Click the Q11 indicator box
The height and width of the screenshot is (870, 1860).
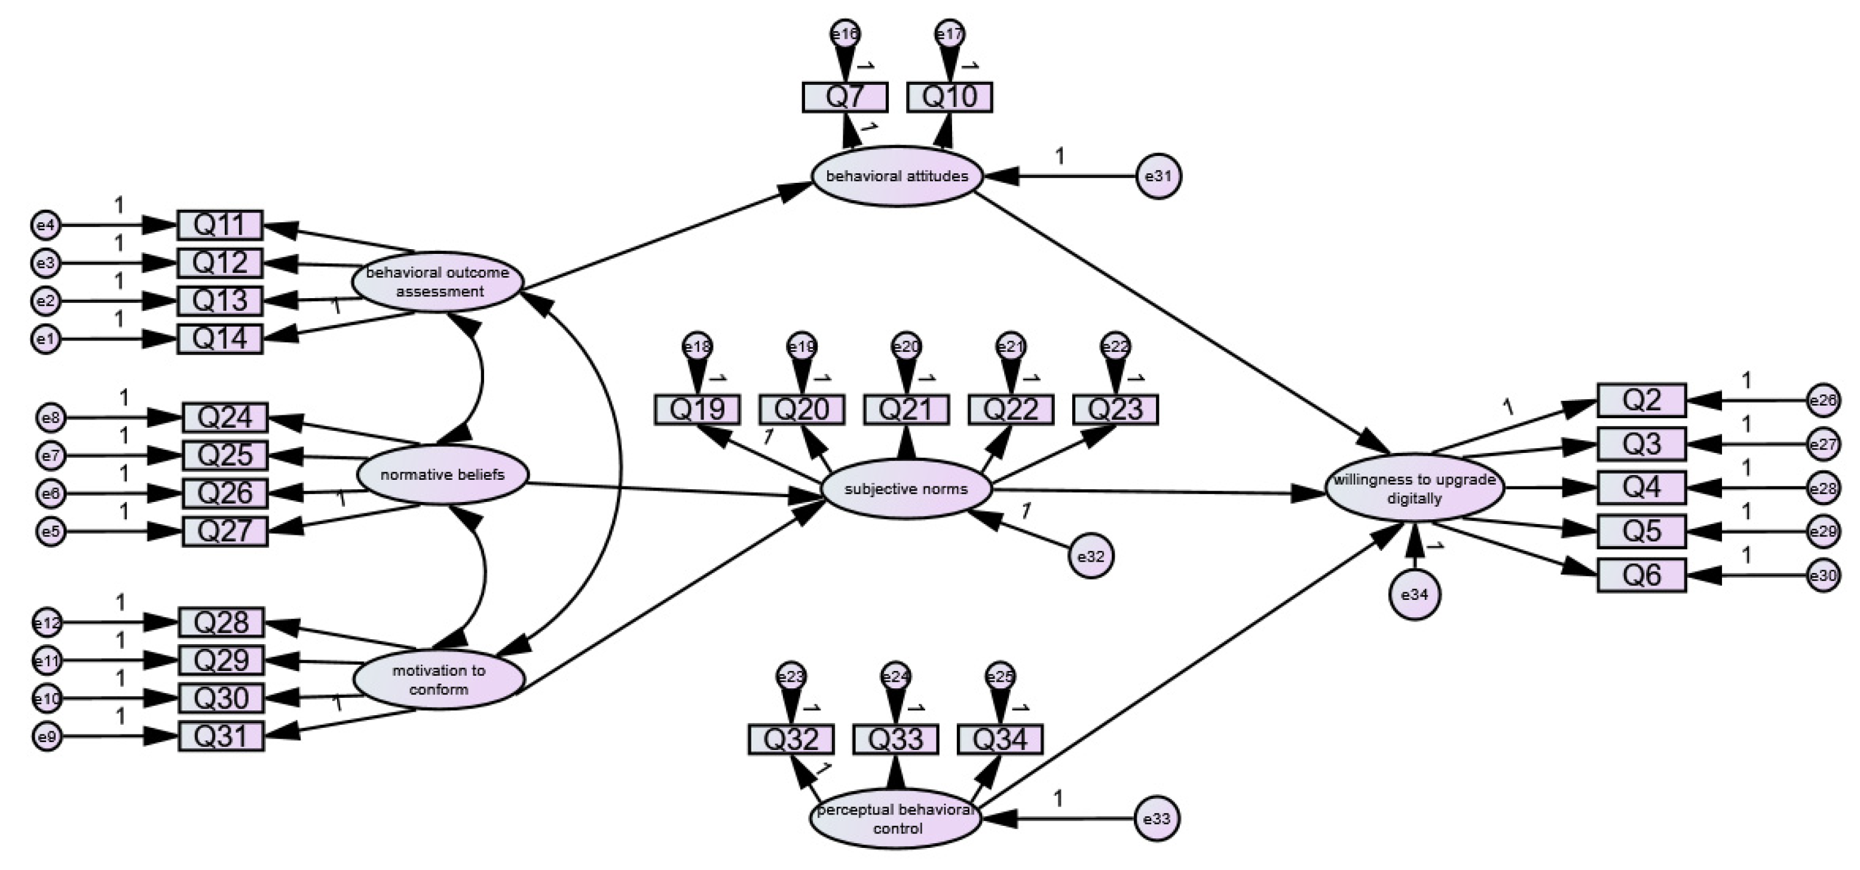click(220, 225)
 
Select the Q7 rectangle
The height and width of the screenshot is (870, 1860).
click(845, 97)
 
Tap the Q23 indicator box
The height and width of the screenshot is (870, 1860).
click(1115, 409)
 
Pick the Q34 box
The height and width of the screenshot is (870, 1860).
click(1000, 739)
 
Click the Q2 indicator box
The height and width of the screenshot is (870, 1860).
click(1641, 400)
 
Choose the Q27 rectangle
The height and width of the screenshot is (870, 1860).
click(225, 531)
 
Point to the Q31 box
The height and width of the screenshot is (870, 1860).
click(221, 736)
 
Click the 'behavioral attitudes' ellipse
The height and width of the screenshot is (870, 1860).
click(897, 176)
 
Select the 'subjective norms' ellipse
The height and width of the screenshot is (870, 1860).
click(906, 489)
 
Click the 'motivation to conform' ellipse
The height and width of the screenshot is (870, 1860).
click(438, 679)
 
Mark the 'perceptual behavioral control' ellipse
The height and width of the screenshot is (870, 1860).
click(895, 819)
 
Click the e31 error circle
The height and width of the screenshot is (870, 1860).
click(1159, 176)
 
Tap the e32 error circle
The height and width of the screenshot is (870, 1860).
click(1090, 556)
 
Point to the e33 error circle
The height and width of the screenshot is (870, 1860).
click(1157, 819)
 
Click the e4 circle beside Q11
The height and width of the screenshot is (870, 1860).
click(46, 225)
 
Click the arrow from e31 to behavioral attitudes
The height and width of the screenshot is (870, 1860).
click(1061, 176)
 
